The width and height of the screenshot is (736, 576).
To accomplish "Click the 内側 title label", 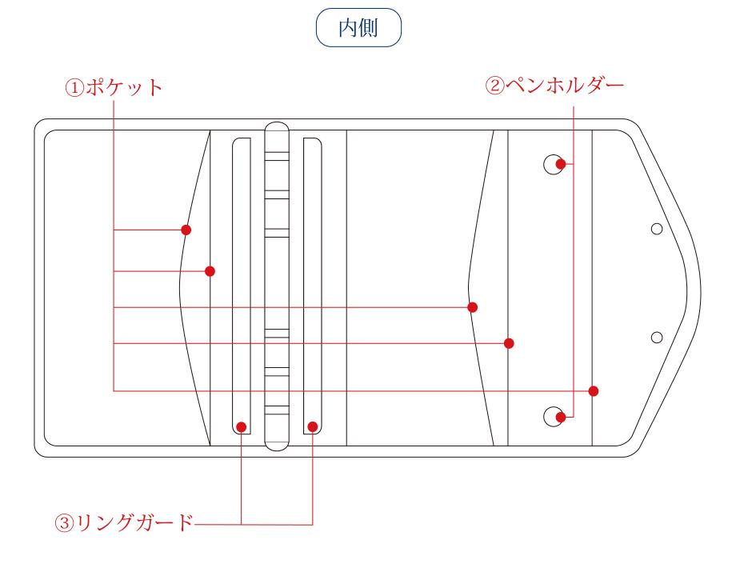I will [368, 28].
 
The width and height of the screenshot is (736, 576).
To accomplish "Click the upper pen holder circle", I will [553, 164].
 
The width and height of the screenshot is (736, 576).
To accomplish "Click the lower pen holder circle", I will [553, 416].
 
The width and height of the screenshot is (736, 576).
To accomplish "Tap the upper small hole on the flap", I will [657, 230].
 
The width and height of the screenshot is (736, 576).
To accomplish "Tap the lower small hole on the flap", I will [657, 337].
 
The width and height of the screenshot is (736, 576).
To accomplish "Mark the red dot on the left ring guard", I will [242, 426].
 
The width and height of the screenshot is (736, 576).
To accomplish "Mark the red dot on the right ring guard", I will [312, 426].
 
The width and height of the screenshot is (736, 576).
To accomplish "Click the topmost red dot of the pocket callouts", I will [186, 230].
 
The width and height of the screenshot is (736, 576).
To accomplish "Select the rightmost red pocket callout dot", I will [593, 390].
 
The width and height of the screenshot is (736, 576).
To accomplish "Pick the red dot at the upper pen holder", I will [562, 164].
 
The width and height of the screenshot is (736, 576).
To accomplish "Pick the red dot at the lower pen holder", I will [562, 416].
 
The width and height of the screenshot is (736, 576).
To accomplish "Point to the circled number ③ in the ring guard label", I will [64, 525].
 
